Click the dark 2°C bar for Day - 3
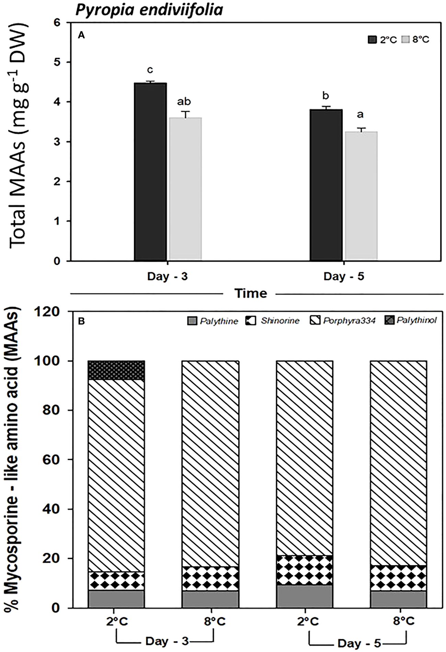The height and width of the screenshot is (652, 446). [x=150, y=172]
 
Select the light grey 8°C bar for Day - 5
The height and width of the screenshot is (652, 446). [x=361, y=196]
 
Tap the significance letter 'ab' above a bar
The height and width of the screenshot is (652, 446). [x=184, y=102]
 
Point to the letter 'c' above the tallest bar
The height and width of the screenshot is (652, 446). [x=150, y=70]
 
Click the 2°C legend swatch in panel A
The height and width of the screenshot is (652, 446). [x=373, y=40]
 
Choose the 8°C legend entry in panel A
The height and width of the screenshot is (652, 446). [x=416, y=40]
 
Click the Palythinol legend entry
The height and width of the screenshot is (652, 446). [x=412, y=321]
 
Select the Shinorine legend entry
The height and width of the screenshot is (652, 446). [x=273, y=321]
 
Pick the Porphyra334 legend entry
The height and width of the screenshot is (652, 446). [x=344, y=321]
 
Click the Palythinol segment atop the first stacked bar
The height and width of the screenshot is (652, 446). [x=116, y=370]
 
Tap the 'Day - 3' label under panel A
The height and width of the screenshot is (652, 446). [x=167, y=276]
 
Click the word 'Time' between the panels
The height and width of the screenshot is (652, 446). [x=251, y=293]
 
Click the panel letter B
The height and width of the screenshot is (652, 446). [x=82, y=322]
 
